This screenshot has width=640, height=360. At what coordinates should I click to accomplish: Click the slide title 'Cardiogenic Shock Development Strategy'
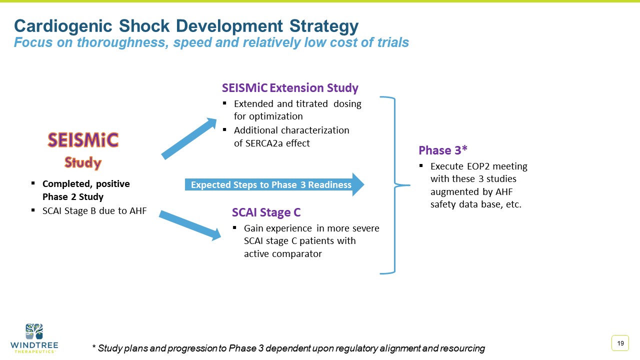coord(186,26)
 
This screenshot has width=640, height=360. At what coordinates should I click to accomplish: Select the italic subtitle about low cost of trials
coord(211,43)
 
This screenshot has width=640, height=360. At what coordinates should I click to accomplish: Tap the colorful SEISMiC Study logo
coord(83,150)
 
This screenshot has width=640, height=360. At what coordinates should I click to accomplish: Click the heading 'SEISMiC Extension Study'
coord(290,88)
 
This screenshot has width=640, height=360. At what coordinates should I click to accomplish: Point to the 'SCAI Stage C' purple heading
coord(266,212)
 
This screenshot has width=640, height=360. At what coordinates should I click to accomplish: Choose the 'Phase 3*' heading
coord(442,150)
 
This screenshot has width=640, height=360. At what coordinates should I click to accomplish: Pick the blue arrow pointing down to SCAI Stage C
coord(190,224)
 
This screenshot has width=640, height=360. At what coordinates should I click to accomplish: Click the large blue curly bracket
coord(395,185)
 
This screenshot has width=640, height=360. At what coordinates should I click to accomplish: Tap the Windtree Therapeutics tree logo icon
coord(34,331)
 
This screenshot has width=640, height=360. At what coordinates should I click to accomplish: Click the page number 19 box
coord(620,343)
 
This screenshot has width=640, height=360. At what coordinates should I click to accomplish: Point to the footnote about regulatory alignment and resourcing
coord(288,348)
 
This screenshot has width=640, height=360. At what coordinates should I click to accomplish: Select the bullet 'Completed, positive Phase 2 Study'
coord(85,190)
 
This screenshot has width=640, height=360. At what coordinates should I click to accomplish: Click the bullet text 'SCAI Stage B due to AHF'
coord(94,211)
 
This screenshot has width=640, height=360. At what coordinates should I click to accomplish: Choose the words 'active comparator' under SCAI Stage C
coord(282,254)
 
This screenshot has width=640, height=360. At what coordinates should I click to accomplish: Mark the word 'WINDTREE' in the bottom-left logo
coord(34,345)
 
